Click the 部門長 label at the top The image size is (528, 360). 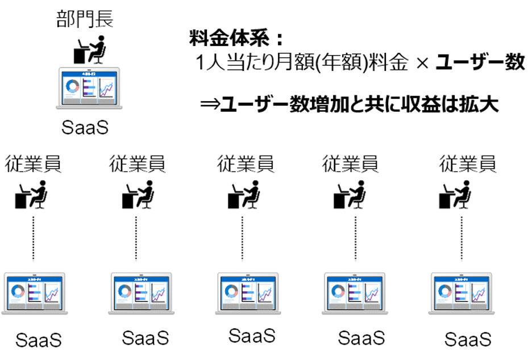point(85,18)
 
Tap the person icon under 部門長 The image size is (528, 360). point(90,49)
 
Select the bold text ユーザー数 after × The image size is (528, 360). point(480,62)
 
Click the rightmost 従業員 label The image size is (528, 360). point(467,164)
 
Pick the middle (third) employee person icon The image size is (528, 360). point(244,195)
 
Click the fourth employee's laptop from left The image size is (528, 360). point(355,292)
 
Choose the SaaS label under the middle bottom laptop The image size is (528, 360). point(252,336)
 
